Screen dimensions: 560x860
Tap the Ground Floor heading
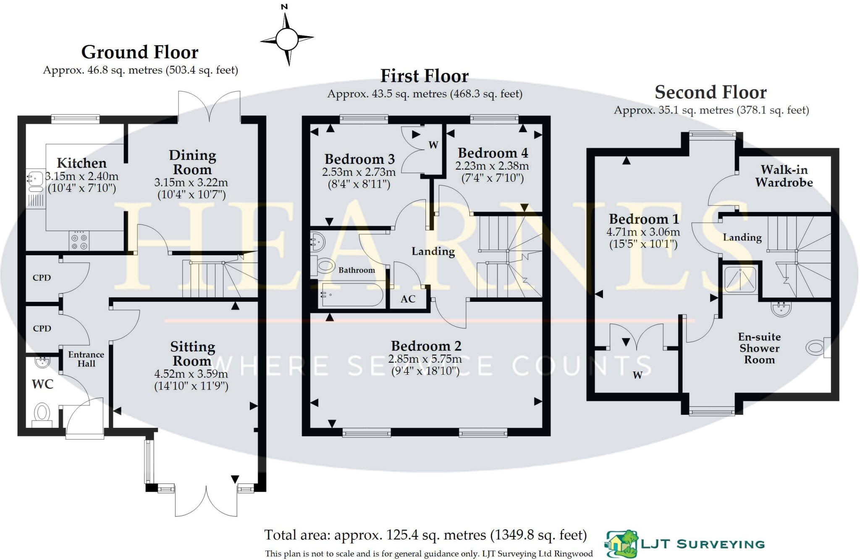click(x=139, y=52)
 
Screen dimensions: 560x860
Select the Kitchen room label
click(x=81, y=163)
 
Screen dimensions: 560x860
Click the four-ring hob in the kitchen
click(x=79, y=241)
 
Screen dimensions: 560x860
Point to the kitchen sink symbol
click(x=35, y=178)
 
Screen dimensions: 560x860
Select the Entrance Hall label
click(x=86, y=359)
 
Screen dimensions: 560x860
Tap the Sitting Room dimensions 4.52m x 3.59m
click(x=191, y=374)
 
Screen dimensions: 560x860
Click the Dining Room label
click(x=192, y=162)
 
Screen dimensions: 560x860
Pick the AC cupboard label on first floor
click(x=408, y=299)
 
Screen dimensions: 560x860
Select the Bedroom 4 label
click(x=493, y=153)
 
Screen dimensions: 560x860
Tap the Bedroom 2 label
click(x=426, y=346)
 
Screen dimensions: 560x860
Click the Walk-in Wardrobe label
click(x=784, y=176)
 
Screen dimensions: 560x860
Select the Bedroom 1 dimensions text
click(x=643, y=238)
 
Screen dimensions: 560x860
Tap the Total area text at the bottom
click(x=425, y=535)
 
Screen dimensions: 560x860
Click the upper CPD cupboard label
click(x=42, y=277)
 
